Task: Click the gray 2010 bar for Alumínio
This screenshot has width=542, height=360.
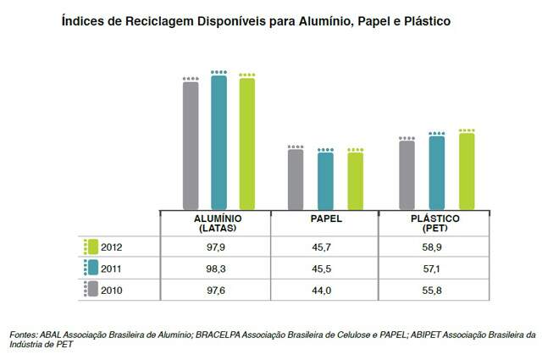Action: click(x=191, y=145)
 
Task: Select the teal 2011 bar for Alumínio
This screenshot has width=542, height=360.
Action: click(x=218, y=142)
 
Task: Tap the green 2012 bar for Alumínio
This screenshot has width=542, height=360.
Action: click(x=246, y=143)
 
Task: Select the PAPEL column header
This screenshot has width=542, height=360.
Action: click(x=326, y=219)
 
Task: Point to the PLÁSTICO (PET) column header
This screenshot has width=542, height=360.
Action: click(x=434, y=223)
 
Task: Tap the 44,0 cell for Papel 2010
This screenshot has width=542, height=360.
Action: click(x=326, y=290)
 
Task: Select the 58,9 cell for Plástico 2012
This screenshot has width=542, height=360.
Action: click(x=434, y=247)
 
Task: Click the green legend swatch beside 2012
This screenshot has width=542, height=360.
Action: click(x=92, y=247)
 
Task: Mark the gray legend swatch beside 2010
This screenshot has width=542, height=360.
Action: click(x=92, y=290)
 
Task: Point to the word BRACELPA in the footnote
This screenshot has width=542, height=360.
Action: click(x=221, y=335)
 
